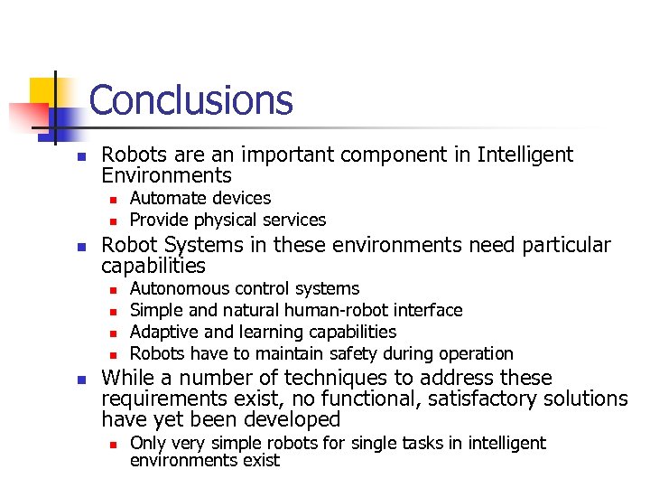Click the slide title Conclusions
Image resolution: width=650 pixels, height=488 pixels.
coord(191,99)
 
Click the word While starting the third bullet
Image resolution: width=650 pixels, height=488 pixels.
coord(126,378)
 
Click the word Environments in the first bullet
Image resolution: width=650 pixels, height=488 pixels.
coord(167,175)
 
